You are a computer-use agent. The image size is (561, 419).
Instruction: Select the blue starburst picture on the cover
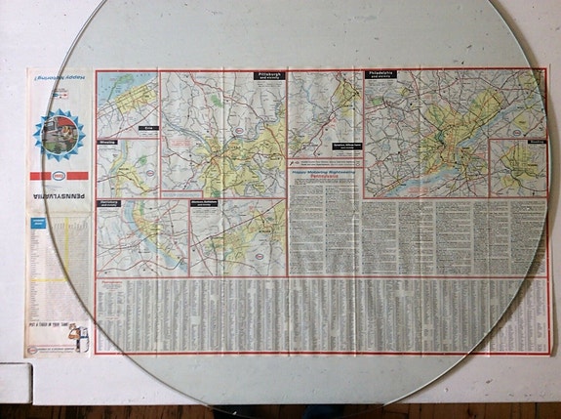click(x=59, y=131)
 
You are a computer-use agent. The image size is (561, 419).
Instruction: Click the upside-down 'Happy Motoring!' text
click(x=58, y=76)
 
